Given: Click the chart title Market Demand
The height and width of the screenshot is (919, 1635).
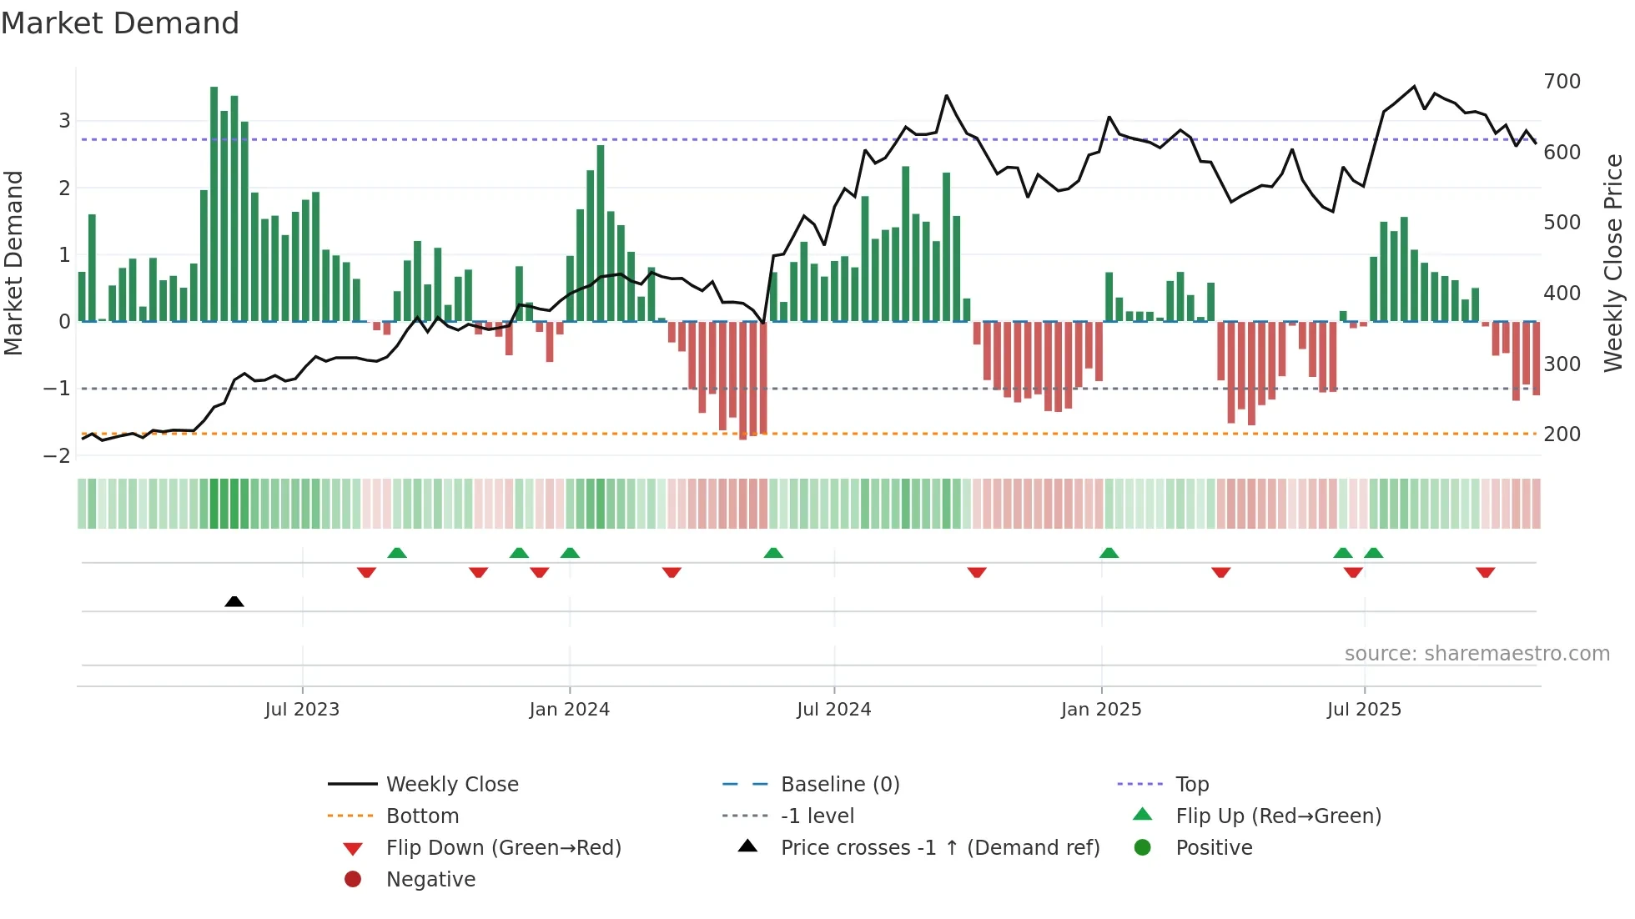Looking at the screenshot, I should (x=120, y=23).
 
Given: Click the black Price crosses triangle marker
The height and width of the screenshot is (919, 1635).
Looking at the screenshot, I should (x=234, y=601).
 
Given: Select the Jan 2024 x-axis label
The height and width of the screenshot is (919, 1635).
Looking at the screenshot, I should (x=569, y=710).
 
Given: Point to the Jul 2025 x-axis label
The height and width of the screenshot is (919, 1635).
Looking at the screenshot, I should (x=1364, y=710).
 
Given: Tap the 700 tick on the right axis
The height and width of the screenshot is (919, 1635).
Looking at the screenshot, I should (x=1562, y=82).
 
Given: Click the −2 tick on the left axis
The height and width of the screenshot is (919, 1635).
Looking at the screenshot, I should (x=57, y=456).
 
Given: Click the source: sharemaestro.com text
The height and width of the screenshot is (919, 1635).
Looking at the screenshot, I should (x=1477, y=654).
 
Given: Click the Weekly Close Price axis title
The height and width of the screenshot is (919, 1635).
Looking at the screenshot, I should (x=1613, y=263).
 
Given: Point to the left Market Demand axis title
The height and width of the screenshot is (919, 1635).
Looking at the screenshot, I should (x=13, y=263).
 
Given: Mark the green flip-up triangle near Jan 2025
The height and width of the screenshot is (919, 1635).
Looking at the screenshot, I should (x=1109, y=553).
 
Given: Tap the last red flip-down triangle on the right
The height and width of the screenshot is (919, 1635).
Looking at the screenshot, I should (x=1485, y=572).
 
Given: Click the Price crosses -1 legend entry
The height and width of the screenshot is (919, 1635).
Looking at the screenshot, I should (x=939, y=848).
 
